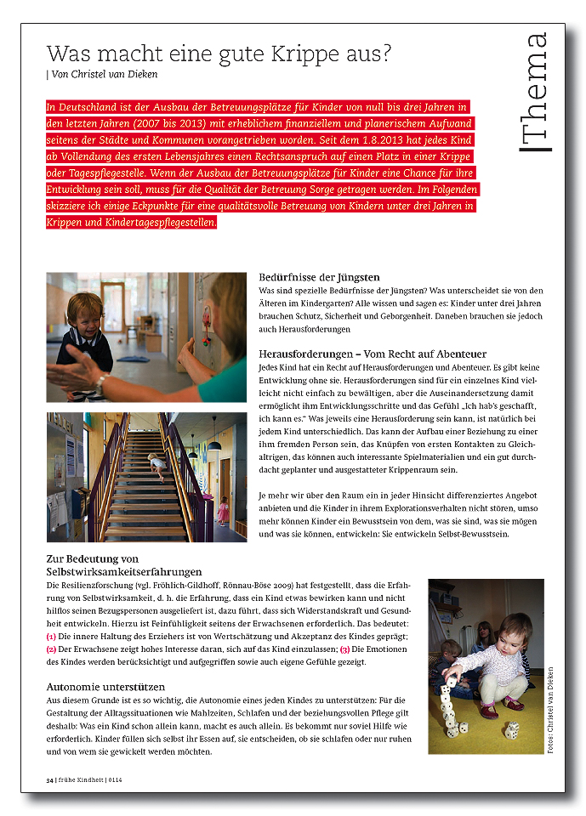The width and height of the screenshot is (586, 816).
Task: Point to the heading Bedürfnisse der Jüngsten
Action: pyautogui.click(x=319, y=277)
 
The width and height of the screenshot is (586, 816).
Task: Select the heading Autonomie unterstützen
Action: pyautogui.click(x=105, y=686)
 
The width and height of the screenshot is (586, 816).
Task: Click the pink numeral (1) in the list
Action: pyautogui.click(x=52, y=637)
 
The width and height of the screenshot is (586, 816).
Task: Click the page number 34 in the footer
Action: pyautogui.click(x=50, y=779)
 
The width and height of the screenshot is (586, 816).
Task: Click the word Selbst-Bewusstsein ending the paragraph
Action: pyautogui.click(x=467, y=534)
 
